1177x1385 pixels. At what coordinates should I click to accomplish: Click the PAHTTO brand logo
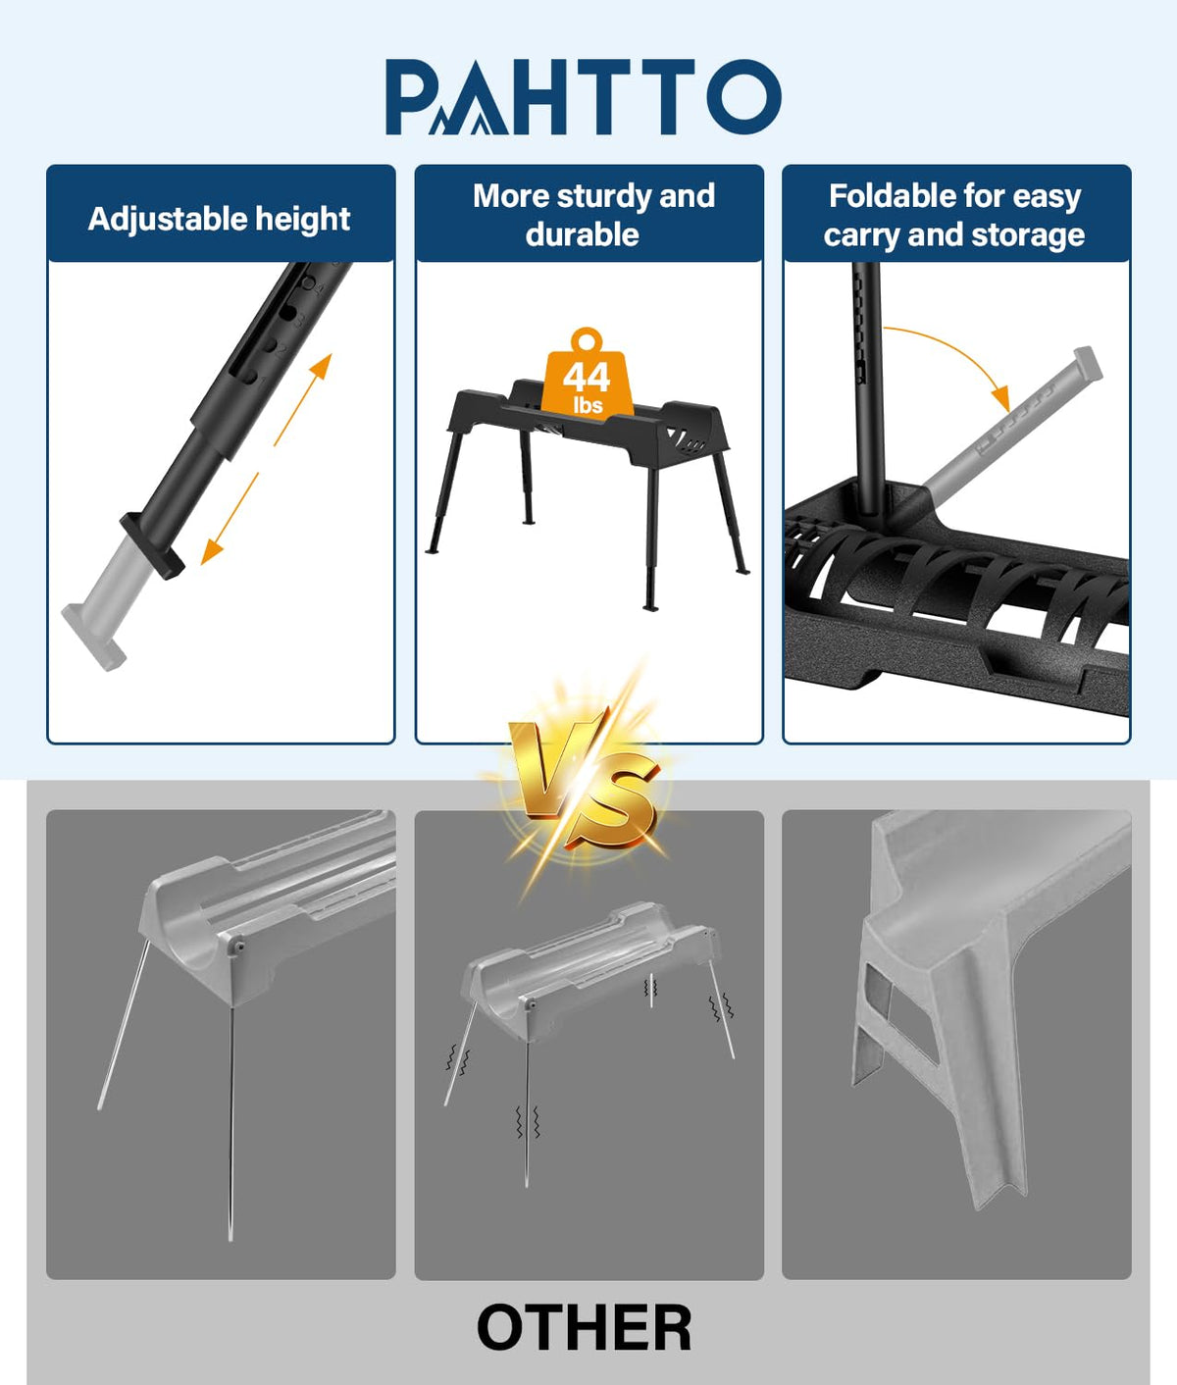click(583, 96)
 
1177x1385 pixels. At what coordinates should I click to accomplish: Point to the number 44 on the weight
click(587, 378)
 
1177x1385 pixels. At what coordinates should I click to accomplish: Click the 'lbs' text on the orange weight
click(588, 405)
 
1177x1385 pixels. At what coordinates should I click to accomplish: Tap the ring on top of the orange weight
click(587, 339)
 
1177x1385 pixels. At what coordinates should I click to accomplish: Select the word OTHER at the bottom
click(585, 1327)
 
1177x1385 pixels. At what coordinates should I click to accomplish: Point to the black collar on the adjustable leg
click(151, 544)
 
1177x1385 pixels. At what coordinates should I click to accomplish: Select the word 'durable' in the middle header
click(583, 235)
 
